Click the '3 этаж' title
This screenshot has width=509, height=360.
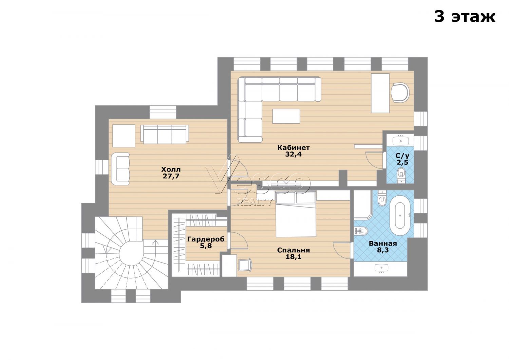click(465, 17)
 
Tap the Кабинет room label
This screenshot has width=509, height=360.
click(294, 148)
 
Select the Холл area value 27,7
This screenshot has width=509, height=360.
click(171, 176)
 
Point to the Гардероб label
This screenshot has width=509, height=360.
click(206, 239)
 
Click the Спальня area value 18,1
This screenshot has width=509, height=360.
click(294, 257)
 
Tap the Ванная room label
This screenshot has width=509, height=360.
click(383, 244)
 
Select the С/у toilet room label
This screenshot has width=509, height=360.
click(402, 156)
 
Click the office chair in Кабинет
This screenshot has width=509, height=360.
click(400, 93)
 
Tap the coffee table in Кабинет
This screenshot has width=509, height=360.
click(286, 116)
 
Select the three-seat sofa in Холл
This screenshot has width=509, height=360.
click(165, 134)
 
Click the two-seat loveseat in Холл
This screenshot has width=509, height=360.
click(120, 169)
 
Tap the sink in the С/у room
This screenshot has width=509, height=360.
click(400, 140)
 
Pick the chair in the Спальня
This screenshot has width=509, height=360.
click(245, 265)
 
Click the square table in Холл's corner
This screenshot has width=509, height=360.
click(124, 136)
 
